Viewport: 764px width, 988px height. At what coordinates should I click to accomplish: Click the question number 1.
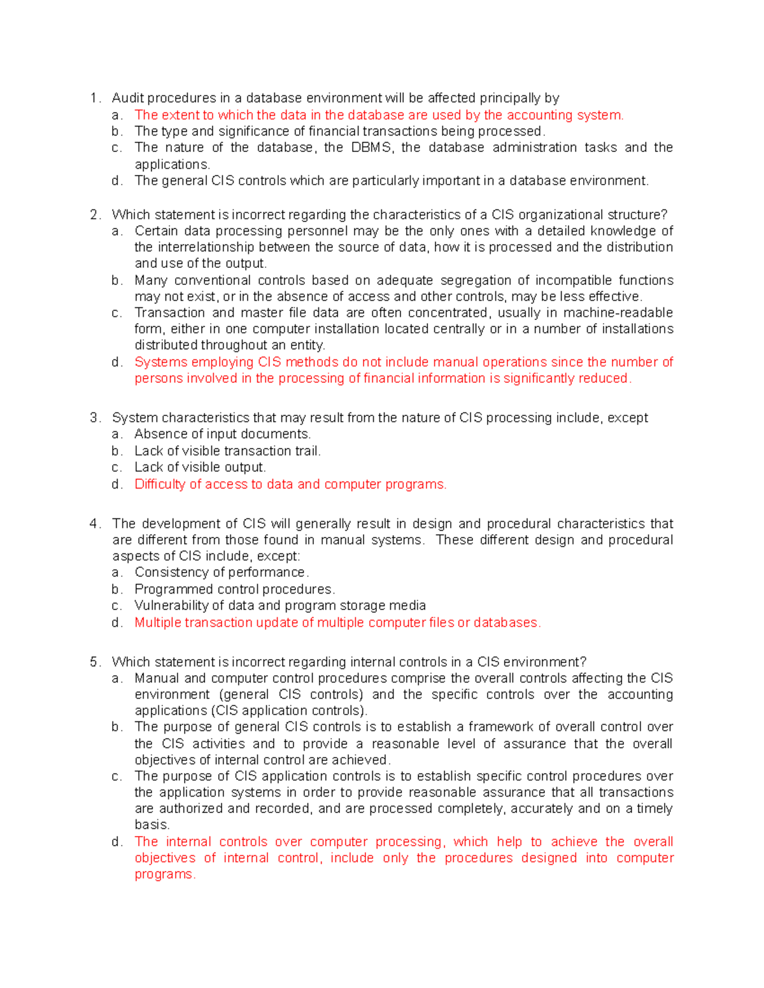(94, 98)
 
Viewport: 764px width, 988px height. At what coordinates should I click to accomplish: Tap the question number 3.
(94, 418)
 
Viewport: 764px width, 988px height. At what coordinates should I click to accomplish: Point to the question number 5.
(94, 662)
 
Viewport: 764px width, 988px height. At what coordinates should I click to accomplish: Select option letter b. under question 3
(117, 451)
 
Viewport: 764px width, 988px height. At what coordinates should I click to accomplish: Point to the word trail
(305, 451)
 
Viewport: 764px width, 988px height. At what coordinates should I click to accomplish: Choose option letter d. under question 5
(117, 842)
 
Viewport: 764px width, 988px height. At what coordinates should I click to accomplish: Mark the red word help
(509, 842)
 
